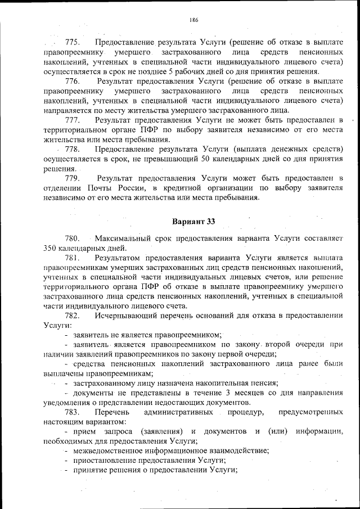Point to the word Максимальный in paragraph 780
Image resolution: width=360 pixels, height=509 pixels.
point(120,238)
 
